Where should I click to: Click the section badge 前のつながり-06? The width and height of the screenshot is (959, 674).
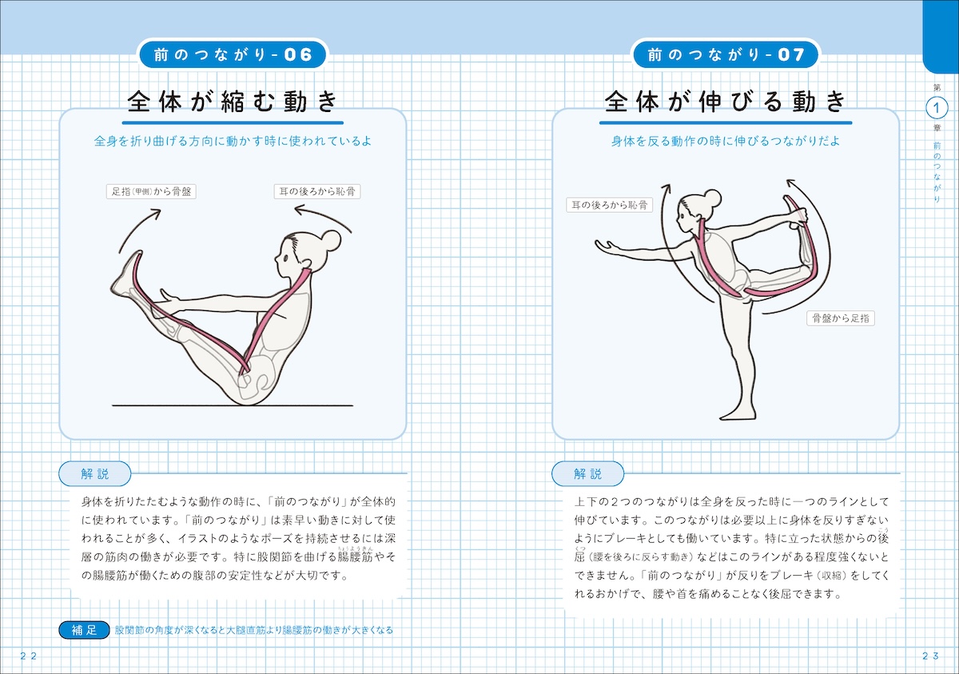click(x=233, y=54)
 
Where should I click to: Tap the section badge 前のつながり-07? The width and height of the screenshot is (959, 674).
click(x=726, y=54)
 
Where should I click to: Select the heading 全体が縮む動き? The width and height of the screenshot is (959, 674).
click(x=233, y=102)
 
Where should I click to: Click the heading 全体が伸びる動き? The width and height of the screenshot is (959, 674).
click(x=726, y=102)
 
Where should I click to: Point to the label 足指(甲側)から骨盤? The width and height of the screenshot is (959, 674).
click(x=151, y=191)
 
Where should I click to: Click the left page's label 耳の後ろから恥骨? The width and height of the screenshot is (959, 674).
click(x=317, y=191)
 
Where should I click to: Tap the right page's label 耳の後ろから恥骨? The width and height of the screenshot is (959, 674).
click(x=609, y=205)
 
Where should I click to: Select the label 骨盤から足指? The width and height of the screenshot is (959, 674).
click(x=841, y=318)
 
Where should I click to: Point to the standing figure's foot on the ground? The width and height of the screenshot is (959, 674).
click(x=738, y=413)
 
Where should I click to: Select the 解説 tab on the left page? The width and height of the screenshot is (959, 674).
click(x=94, y=473)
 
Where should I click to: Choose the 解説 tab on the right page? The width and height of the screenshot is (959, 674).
click(x=588, y=473)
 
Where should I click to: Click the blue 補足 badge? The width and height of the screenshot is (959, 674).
click(x=85, y=630)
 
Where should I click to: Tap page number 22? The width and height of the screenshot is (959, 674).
click(x=28, y=656)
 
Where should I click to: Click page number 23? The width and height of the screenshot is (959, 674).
click(x=930, y=656)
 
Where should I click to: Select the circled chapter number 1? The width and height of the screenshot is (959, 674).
click(x=937, y=108)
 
